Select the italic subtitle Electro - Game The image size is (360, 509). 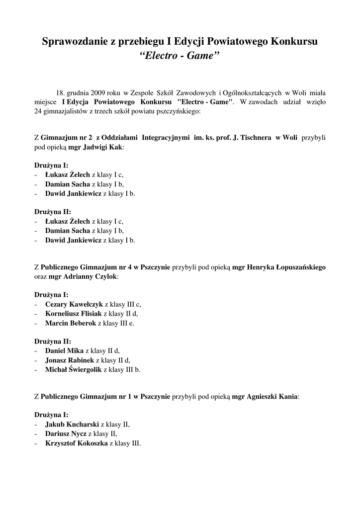pos(180,55)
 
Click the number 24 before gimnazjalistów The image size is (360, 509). pos(39,111)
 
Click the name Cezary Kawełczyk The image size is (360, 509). pos(74,304)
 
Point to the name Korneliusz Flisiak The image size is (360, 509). pos(73,313)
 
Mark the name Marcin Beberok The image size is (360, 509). pos(70,323)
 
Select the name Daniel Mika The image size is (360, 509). pos(64,350)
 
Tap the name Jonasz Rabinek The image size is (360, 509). pos(69,360)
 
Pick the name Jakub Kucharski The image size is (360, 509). pos(72,424)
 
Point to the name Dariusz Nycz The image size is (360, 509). pos(65,433)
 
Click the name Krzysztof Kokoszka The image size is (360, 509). pos(76,443)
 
